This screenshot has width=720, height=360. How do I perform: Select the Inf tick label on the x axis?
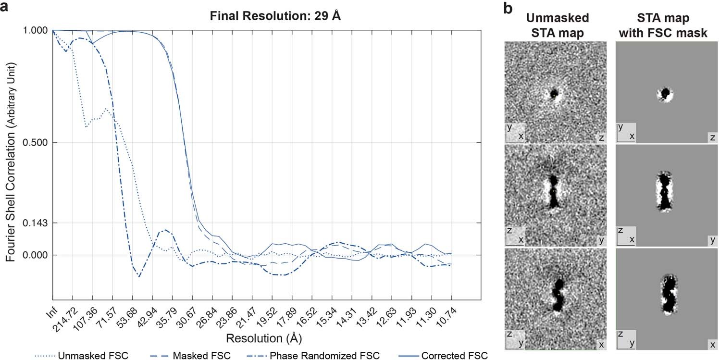52,315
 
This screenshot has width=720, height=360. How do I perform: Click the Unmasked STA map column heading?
557,25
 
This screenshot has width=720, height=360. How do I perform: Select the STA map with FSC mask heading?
666,25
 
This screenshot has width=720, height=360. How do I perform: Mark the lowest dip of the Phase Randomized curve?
139,276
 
